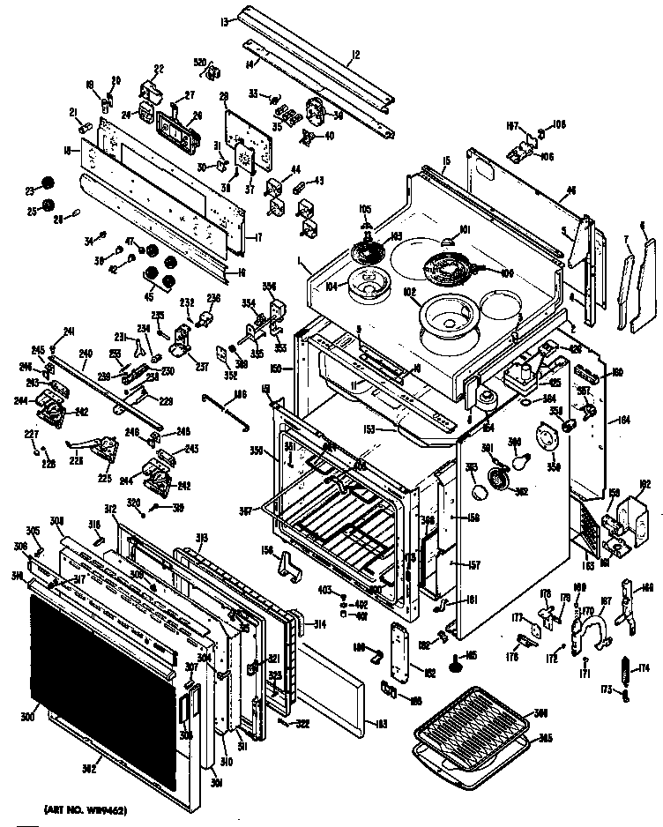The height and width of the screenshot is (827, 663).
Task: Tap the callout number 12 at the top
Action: click(x=354, y=55)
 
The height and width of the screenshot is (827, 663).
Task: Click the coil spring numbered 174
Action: click(x=624, y=671)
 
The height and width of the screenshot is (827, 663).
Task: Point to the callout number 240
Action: click(x=85, y=355)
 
